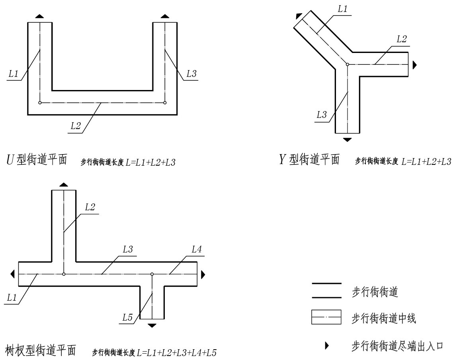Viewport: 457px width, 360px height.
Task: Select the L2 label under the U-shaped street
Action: [76, 126]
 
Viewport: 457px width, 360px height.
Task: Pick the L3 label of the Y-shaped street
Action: [322, 115]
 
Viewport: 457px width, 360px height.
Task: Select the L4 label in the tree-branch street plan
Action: [197, 250]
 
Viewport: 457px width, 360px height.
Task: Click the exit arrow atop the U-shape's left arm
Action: [39, 16]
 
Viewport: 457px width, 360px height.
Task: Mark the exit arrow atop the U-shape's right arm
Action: [165, 16]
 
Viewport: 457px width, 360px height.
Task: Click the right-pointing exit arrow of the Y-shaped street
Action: [415, 65]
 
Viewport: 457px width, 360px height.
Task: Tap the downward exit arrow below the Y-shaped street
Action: [348, 139]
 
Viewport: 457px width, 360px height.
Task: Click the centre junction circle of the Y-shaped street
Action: [348, 64]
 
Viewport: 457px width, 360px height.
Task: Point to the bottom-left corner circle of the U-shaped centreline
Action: [39, 103]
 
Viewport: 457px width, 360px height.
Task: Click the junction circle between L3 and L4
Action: [152, 274]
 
